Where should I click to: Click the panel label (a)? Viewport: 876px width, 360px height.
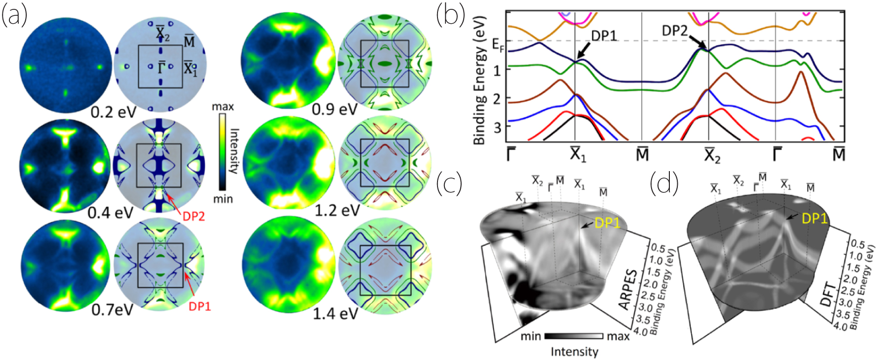14,16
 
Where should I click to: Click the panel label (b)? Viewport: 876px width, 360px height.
450,16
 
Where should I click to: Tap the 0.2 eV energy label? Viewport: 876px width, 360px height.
113,112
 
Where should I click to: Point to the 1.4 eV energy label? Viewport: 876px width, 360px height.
335,313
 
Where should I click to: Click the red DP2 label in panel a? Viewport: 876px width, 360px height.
193,216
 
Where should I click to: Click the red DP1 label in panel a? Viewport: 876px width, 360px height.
200,307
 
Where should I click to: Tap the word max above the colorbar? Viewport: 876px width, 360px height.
222,106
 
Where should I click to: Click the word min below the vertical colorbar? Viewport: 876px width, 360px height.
222,199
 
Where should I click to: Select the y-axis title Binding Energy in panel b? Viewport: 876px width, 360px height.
479,82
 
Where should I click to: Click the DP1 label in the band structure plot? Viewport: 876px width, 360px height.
604,36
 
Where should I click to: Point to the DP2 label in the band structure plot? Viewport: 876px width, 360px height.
674,31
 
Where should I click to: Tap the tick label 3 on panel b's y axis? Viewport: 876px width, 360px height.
497,127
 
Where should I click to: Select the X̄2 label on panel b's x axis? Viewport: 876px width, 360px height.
712,154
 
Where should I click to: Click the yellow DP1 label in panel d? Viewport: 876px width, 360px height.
814,218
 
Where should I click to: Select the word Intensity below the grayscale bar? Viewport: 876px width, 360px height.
574,352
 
